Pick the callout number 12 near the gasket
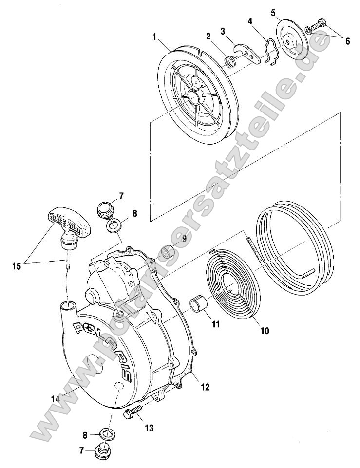(205, 387)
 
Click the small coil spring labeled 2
(230, 63)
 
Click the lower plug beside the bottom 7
(103, 451)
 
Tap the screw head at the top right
(320, 23)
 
